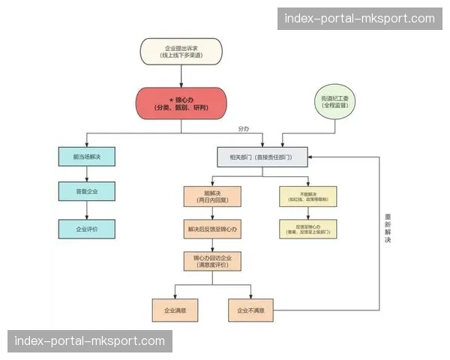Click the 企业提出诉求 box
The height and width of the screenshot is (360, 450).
point(181,52)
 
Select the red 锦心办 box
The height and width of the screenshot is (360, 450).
point(181,103)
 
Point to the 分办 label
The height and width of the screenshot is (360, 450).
point(243,128)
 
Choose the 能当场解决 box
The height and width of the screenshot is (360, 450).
point(87,157)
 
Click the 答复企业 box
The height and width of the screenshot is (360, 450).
point(87,192)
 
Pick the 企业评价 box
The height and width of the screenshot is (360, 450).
point(87,228)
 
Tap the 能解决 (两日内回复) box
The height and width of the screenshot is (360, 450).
point(212,196)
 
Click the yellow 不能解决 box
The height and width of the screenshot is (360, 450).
point(308,196)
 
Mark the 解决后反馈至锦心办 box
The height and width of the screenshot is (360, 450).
point(212,228)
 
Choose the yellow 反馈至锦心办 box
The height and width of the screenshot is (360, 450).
point(308,229)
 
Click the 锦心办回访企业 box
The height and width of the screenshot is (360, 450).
point(212,261)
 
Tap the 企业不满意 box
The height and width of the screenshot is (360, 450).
point(251,310)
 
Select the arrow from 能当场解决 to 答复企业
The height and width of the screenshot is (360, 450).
point(87,174)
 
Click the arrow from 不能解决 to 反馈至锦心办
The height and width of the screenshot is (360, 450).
point(308,213)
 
